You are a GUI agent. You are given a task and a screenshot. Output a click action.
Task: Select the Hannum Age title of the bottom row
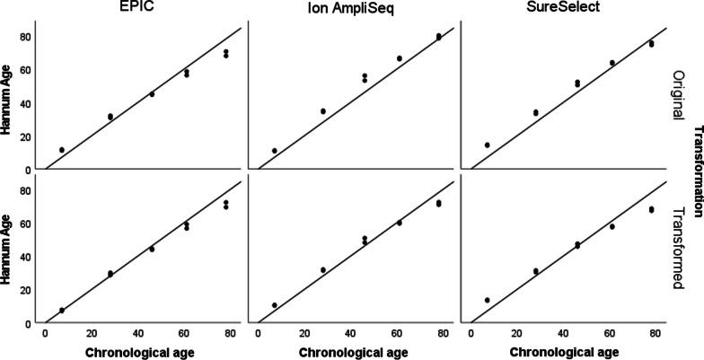(8, 247)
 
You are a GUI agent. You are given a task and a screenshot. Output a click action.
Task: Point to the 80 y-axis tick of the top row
(28, 37)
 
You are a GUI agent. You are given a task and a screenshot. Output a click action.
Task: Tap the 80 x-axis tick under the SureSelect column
(656, 334)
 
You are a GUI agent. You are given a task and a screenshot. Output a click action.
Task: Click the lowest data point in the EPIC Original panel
(62, 150)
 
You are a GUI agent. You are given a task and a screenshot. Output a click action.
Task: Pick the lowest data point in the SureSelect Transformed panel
(488, 300)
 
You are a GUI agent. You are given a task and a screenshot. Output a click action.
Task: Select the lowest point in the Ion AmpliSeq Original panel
(275, 151)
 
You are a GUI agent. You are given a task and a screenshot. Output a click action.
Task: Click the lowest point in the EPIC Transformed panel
(62, 310)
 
